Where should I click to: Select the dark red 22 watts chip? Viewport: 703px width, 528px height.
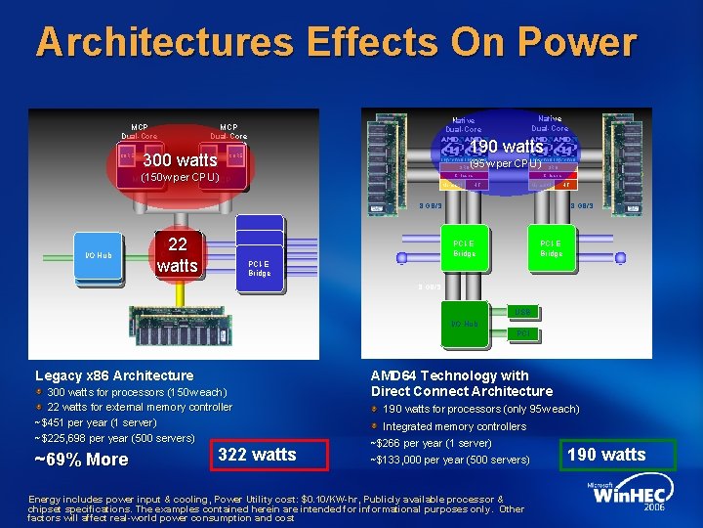coord(177,254)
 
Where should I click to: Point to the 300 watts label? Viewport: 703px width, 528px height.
coord(180,160)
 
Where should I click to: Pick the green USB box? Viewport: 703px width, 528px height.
coord(522,311)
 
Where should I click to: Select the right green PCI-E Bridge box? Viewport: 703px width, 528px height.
coord(551,247)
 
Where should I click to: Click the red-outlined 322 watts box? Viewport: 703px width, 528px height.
coord(257,455)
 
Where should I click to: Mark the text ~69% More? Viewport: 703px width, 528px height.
coord(81,460)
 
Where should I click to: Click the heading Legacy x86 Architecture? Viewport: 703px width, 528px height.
coord(114,375)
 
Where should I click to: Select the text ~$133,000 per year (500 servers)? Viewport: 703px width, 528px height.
coord(449,460)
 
